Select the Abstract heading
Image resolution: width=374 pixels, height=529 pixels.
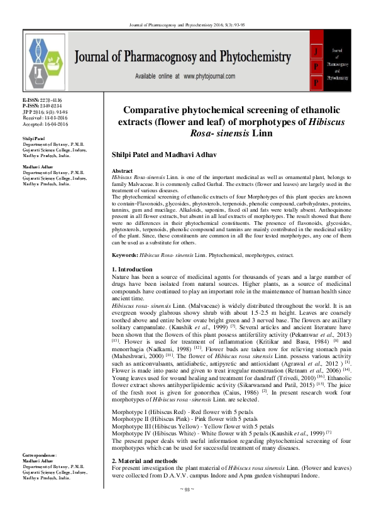tap(122, 171)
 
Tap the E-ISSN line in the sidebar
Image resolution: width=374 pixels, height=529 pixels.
tap(44, 100)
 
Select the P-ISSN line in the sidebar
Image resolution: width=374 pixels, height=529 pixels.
tap(44, 106)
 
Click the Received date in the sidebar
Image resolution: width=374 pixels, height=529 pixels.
tap(45, 117)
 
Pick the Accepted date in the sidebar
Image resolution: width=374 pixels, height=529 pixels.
tap(45, 123)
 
